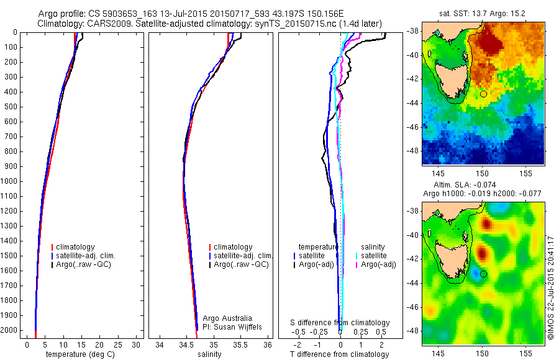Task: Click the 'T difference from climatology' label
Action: pos(339,354)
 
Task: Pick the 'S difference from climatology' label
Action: pos(340,323)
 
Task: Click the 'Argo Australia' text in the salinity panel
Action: pos(223,318)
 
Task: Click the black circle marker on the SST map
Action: pos(483,94)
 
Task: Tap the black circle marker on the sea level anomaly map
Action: pos(483,274)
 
